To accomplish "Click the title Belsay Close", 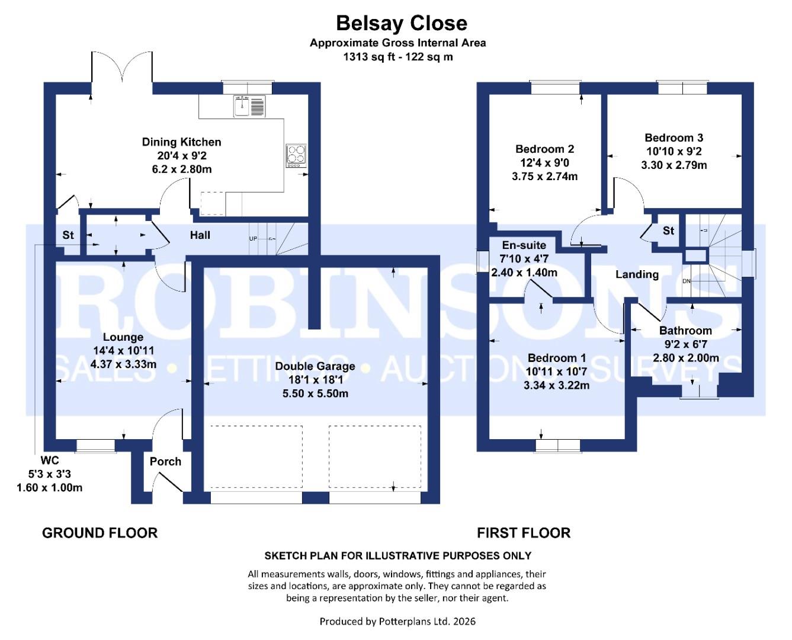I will (401, 23).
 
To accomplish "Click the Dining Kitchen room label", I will (181, 142).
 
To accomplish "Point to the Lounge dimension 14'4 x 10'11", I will (123, 351).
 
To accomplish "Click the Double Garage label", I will (315, 366).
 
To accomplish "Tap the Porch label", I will (165, 462).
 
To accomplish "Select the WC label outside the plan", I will (50, 460).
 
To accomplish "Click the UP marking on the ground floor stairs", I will (253, 239).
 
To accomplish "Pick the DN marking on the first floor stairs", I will (686, 281).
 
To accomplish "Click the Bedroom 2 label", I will (544, 149).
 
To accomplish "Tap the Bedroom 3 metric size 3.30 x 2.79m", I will (674, 165).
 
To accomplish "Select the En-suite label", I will (524, 245).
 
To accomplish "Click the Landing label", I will (637, 274).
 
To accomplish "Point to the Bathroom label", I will (685, 331).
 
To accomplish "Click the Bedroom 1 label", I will (556, 358).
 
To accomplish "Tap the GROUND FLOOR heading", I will (100, 533).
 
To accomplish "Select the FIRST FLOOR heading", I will (523, 533).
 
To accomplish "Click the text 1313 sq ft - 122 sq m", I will (397, 57).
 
